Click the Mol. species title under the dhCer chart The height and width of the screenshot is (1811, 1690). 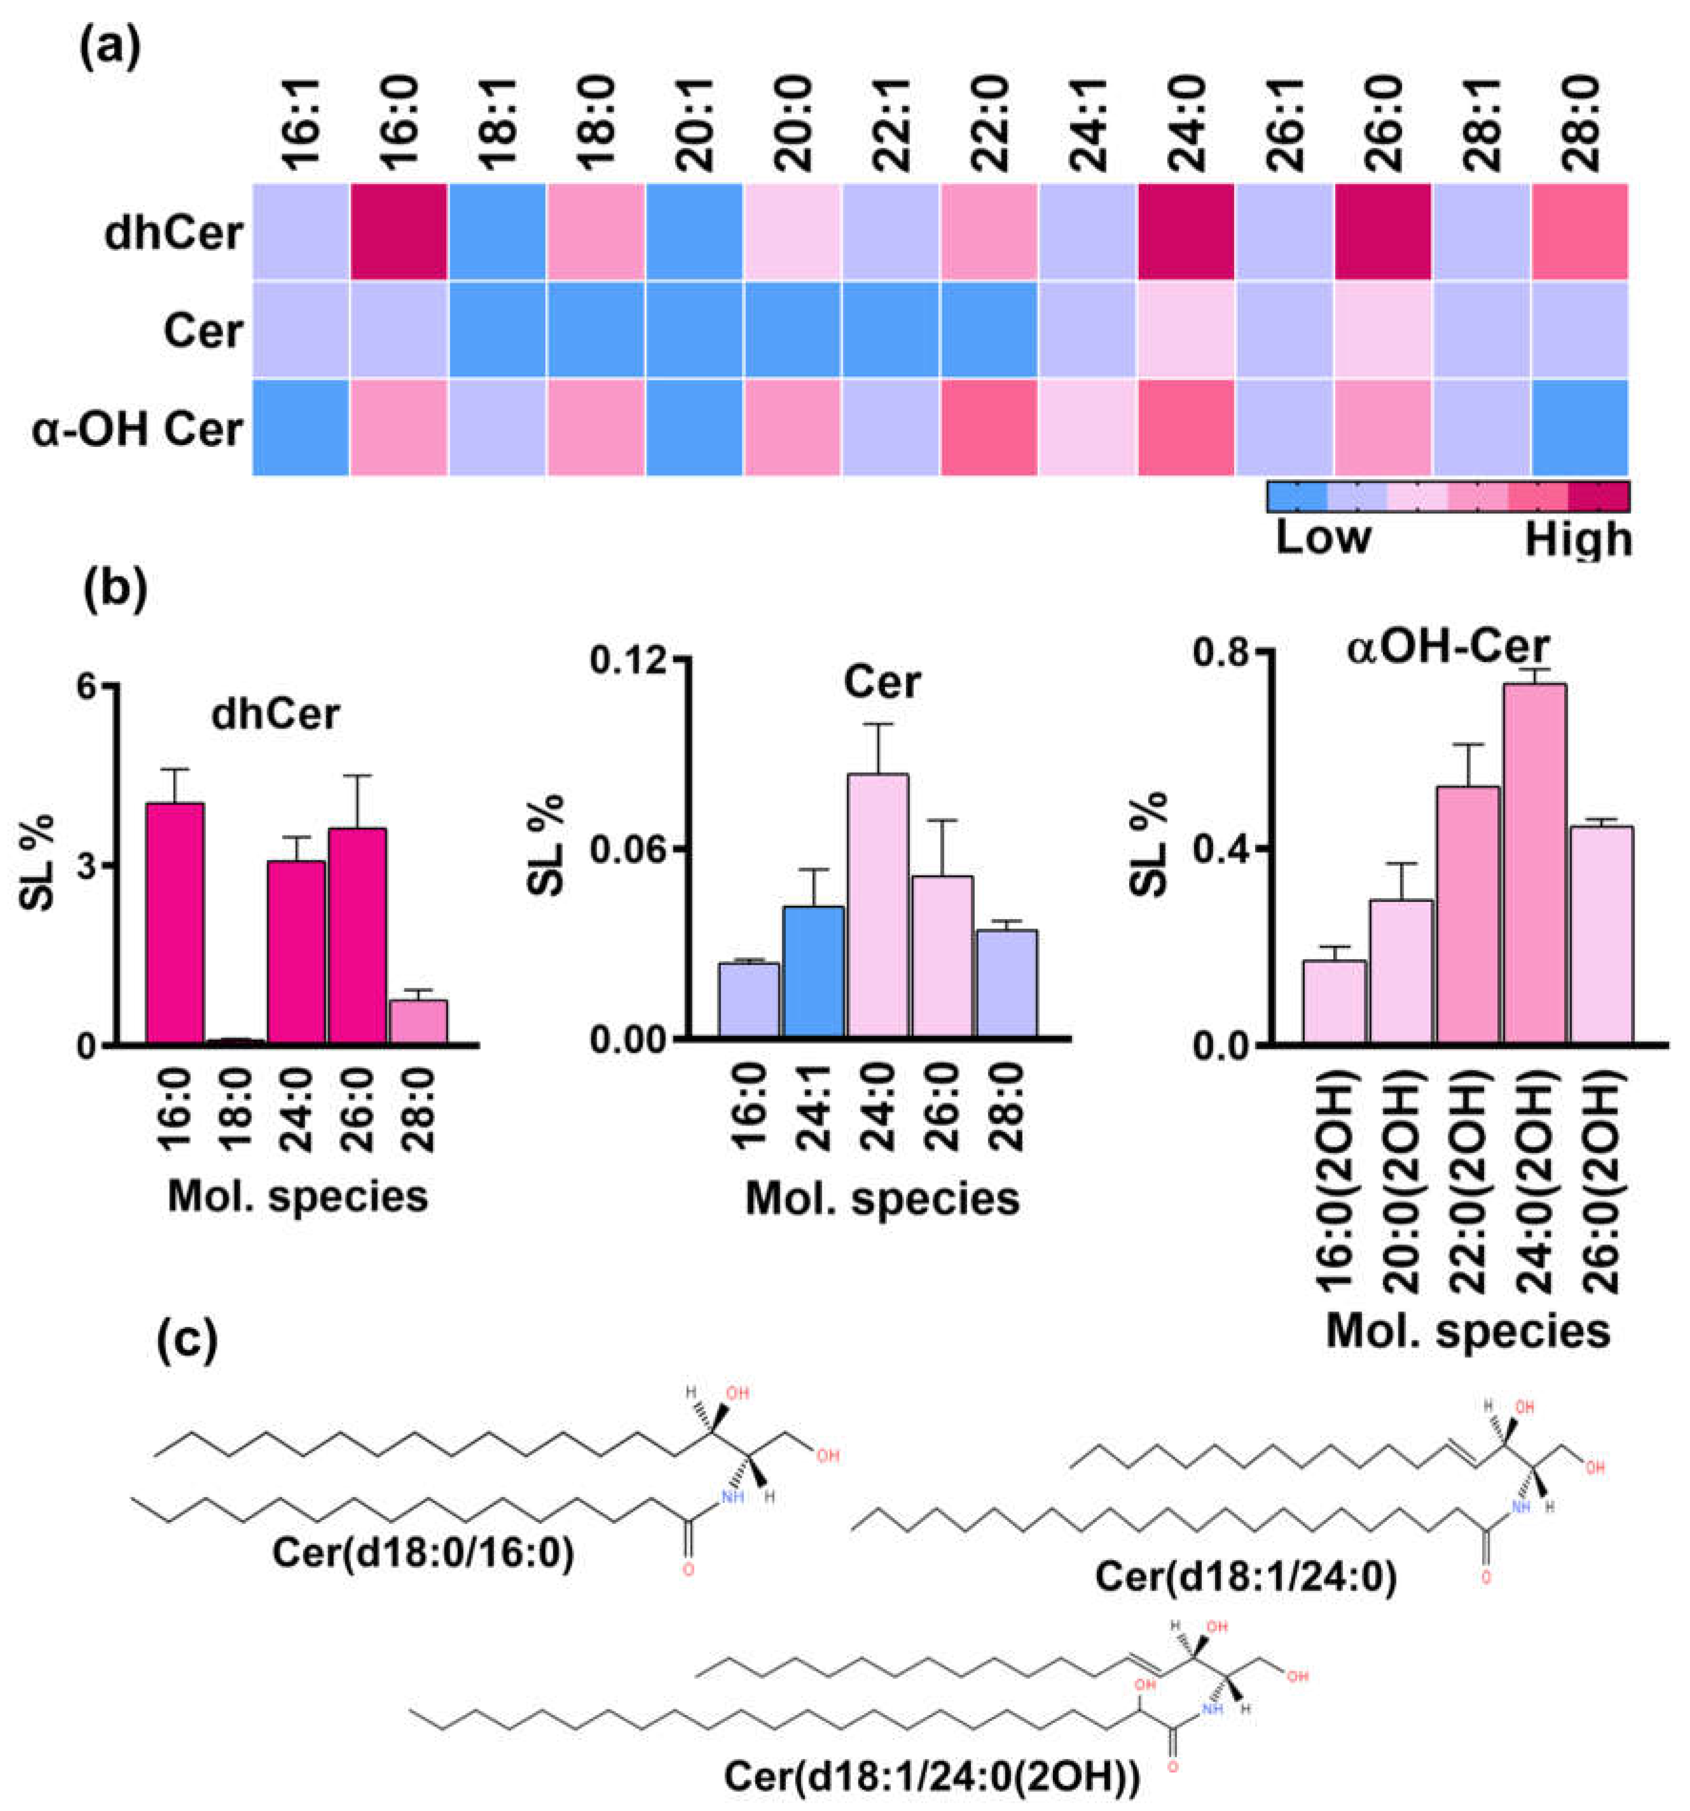298,1195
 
